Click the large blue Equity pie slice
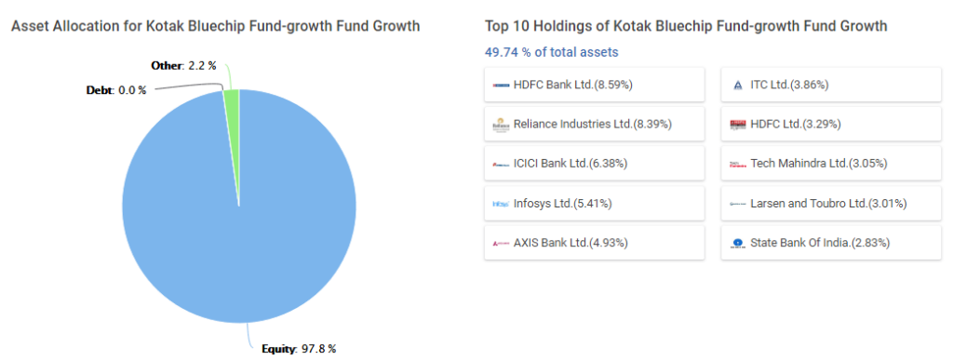coord(238,223)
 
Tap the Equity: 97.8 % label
coord(299,349)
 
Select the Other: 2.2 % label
coord(184,65)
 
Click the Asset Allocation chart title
coord(215,26)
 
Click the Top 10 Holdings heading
coord(686,26)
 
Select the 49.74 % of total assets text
coord(551,52)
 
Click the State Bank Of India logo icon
coord(738,243)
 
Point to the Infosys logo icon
coord(501,203)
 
